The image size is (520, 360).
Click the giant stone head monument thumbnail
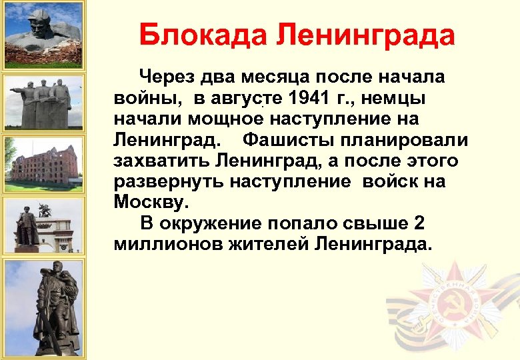tap(43, 33)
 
